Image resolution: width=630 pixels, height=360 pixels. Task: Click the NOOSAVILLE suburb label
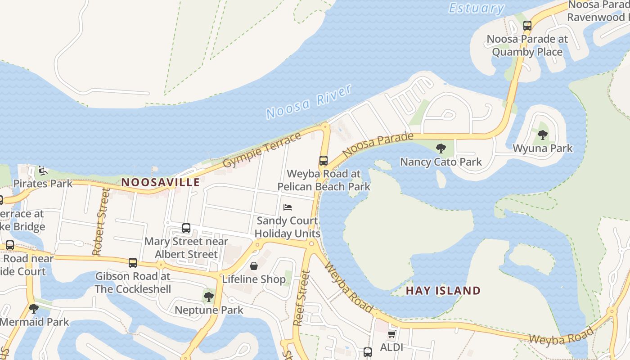161,182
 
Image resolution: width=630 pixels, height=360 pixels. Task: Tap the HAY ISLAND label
443,291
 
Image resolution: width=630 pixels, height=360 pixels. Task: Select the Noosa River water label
309,102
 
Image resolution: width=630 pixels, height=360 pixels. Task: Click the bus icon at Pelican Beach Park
323,161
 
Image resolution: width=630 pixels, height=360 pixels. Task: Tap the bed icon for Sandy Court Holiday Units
288,207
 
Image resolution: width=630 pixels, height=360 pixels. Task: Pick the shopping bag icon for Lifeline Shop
254,266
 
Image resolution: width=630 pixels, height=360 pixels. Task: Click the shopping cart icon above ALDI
391,334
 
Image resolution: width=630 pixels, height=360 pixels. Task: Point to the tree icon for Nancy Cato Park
441,148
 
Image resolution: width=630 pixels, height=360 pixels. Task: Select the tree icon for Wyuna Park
543,135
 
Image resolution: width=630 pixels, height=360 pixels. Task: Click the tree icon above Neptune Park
208,297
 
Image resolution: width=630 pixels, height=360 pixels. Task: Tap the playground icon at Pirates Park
42,171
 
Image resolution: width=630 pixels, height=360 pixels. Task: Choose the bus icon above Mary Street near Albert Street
186,228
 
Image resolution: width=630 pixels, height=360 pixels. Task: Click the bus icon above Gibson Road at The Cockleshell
132,263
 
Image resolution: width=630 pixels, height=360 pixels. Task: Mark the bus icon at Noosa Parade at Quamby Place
527,26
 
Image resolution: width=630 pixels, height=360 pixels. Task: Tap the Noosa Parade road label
378,144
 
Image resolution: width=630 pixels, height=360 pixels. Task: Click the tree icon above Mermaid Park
33,309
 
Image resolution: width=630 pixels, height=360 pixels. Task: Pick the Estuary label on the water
477,8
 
